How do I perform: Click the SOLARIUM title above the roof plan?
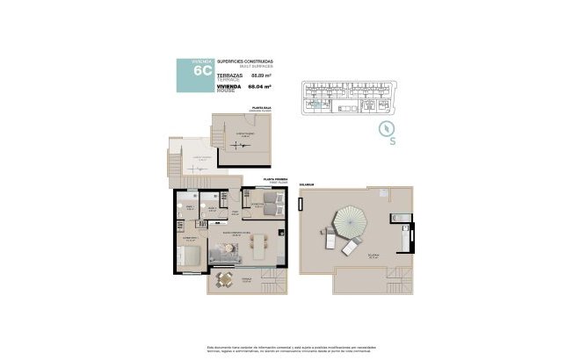pos(308,186)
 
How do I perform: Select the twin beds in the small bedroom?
pos(273,207)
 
